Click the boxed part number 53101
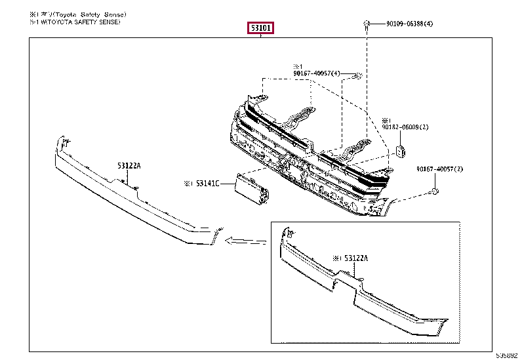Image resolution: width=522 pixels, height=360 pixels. (260, 28)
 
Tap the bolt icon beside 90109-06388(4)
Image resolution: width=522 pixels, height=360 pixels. (365, 24)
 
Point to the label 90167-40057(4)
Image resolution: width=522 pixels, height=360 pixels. (317, 73)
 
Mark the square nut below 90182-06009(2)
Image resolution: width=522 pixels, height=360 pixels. (399, 151)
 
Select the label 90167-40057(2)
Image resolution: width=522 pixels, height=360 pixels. (439, 170)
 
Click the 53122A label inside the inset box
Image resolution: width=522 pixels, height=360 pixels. (355, 258)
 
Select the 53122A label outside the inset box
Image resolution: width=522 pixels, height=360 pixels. (129, 166)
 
